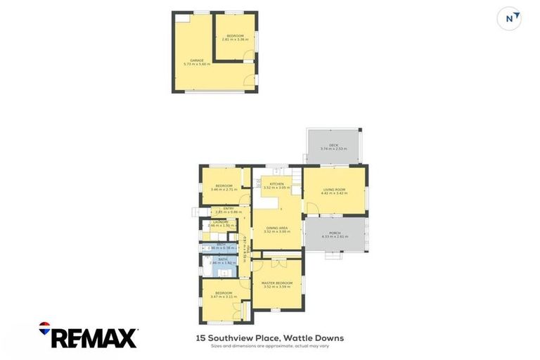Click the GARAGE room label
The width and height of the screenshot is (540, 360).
[196, 60]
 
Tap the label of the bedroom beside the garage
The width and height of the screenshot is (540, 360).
[235, 36]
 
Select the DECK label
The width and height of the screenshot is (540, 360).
[334, 145]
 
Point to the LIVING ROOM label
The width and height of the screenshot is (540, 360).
[334, 189]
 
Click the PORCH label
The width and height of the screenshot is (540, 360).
[334, 233]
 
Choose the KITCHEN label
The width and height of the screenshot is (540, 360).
[276, 184]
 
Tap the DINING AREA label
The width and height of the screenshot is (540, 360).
[276, 228]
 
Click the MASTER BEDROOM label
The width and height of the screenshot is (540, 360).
[276, 283]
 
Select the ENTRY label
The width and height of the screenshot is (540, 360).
[229, 208]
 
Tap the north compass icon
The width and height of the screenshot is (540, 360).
[509, 18]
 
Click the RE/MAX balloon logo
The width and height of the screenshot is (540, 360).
[45, 327]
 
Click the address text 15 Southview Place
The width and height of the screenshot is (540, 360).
[238, 338]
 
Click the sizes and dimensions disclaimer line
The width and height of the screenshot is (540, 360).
[270, 346]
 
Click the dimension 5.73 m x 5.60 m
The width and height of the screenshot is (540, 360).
[196, 64]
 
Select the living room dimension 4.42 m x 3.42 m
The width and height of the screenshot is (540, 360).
[334, 193]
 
